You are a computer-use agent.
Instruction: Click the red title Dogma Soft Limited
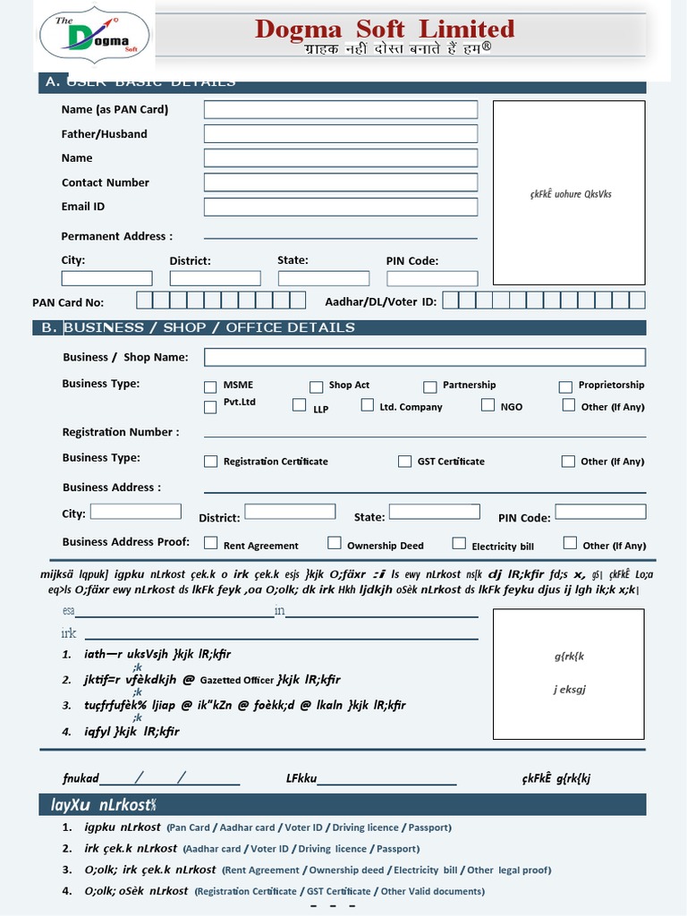(385, 29)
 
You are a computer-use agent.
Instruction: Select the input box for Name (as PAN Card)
(341, 109)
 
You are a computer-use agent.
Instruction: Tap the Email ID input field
(341, 207)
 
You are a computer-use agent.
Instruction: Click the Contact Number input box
(341, 182)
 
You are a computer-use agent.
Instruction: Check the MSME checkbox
(210, 387)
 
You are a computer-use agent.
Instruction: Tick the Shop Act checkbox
(316, 387)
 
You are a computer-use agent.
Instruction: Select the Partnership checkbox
(429, 387)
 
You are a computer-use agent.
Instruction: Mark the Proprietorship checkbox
(565, 387)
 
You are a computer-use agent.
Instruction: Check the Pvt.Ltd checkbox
(210, 407)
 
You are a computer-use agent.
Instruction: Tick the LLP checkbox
(300, 405)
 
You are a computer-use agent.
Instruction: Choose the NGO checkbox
(488, 405)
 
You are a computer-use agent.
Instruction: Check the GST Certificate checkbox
(404, 462)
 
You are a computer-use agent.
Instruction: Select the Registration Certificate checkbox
(210, 462)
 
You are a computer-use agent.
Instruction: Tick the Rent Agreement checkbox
(210, 543)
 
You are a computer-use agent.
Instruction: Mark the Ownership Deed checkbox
(334, 543)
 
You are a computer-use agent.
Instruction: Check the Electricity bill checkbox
(459, 543)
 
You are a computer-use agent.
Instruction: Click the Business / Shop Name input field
(425, 357)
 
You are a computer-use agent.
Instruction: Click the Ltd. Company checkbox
(367, 405)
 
